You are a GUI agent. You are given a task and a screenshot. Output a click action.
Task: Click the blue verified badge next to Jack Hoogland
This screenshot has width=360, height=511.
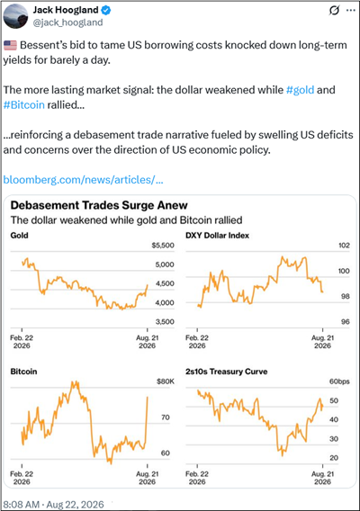coord(106,10)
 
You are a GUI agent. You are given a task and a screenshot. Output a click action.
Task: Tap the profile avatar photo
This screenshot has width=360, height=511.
coord(15,16)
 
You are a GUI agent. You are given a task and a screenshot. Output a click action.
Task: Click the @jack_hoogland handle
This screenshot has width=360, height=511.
coord(67,22)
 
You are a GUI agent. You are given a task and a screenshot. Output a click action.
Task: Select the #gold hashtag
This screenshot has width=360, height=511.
coord(300,90)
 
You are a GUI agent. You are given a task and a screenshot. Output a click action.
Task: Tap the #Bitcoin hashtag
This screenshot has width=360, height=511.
coord(23,105)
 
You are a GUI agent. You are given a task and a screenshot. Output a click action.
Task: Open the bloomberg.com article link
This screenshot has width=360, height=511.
coord(83,180)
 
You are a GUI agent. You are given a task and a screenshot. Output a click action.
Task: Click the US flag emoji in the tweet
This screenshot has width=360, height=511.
coord(10,45)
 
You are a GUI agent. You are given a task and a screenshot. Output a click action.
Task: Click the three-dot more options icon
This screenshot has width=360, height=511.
coord(351,11)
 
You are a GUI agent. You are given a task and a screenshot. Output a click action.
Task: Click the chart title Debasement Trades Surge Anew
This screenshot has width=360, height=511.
coord(99,205)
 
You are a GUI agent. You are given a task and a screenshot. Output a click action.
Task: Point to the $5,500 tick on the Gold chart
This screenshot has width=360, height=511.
coord(163,246)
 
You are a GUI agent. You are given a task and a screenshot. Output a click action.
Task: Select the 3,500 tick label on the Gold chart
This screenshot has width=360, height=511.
coord(165,322)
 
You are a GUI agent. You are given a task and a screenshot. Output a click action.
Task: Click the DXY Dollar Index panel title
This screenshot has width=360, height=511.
coord(217,236)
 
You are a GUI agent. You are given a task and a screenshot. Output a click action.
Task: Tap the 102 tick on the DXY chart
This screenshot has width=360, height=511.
coord(344,246)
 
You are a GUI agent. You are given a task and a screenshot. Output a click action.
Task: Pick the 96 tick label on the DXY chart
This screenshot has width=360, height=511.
coord(345,322)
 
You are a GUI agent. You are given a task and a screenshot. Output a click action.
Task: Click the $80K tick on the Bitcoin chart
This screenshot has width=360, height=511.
coord(166,381)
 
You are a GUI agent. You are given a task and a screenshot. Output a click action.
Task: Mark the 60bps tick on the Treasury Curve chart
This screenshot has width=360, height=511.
coord(339,381)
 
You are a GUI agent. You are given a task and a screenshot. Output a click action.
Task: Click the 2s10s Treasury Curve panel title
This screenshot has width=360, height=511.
coord(226,372)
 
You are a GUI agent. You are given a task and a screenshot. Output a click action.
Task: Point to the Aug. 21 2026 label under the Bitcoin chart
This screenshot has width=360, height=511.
coord(148,478)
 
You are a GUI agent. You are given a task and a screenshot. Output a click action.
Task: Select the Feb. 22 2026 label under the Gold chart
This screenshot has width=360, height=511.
coord(22,342)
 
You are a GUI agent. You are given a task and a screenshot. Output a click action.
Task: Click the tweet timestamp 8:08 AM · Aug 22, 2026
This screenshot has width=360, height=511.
coord(53,505)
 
